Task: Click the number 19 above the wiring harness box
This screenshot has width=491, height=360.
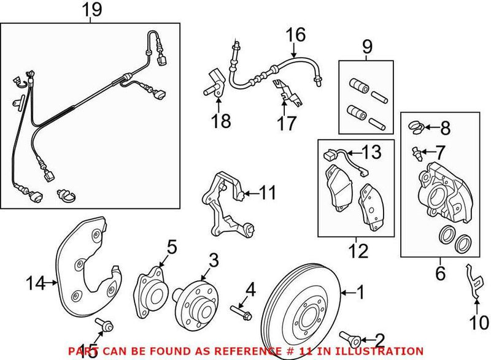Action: [x=91, y=11]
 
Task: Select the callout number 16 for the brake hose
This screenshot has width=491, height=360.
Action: [x=295, y=36]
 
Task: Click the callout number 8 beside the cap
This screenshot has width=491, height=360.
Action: [x=445, y=128]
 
